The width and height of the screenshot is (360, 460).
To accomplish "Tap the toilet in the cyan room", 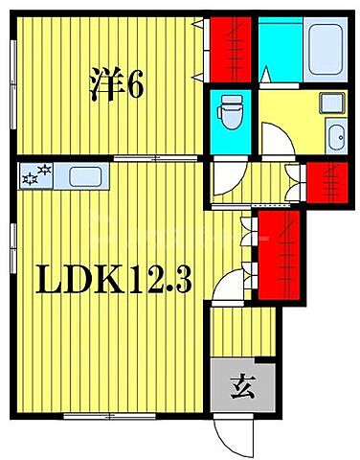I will tap(231, 116).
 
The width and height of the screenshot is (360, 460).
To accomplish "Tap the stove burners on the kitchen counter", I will tap(37, 176).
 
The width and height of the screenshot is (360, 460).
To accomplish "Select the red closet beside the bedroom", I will tap(231, 48).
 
